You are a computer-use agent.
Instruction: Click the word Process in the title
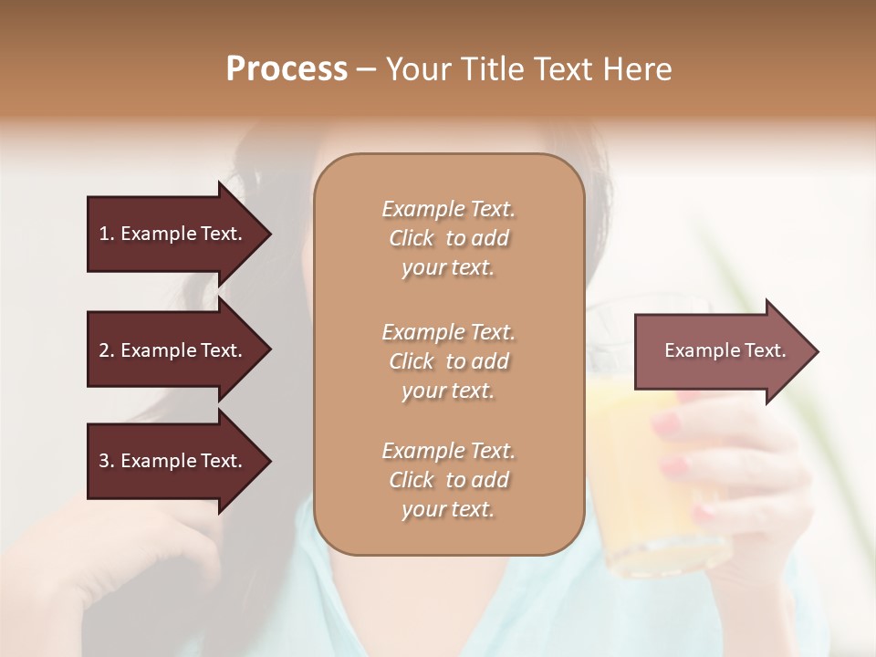pos(287,69)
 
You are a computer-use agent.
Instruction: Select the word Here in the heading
pos(638,69)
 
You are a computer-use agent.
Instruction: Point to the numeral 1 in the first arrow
pos(103,234)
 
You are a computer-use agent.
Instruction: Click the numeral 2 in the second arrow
pos(104,350)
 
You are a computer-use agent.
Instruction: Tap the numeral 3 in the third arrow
pos(104,461)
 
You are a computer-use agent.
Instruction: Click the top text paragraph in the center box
pos(448,238)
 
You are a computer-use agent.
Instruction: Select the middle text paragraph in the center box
pos(448,361)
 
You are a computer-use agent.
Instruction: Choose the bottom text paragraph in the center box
pos(448,480)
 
